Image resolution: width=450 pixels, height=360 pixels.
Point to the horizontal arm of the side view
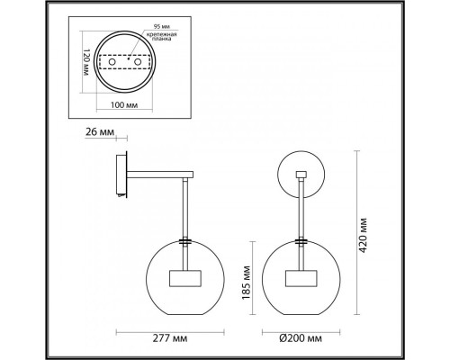tap(157, 175)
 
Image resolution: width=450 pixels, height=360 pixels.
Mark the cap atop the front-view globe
tap(302, 242)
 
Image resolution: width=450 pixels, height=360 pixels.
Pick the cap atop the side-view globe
tap(184, 242)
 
